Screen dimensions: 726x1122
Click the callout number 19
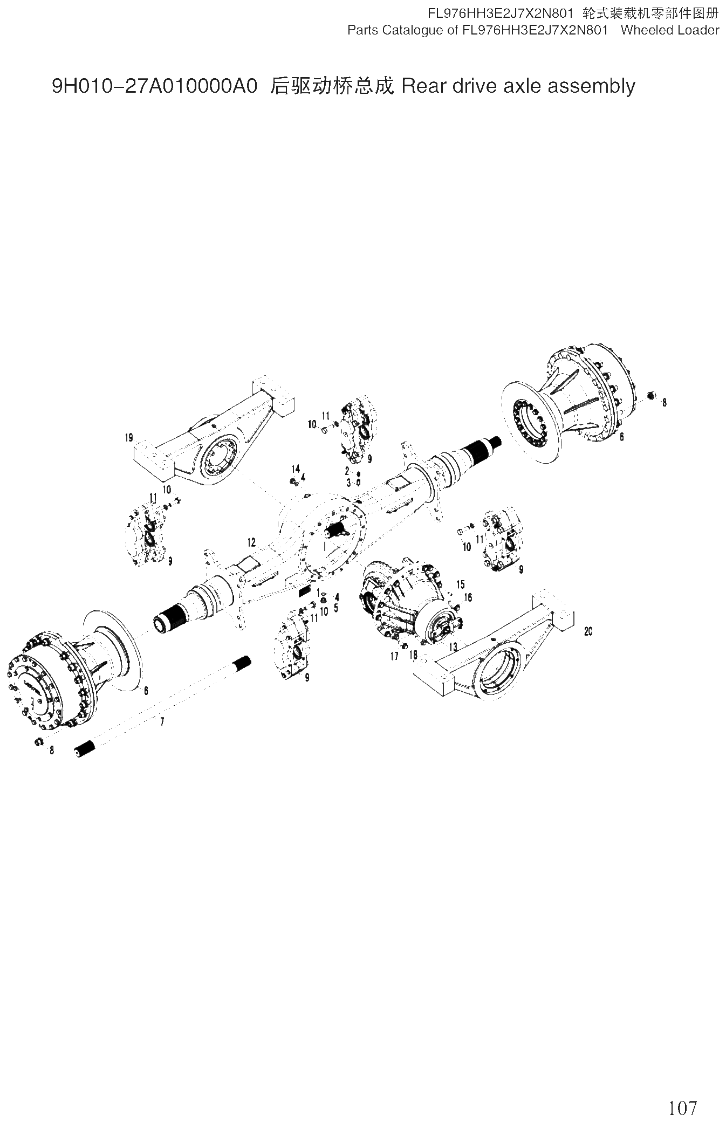129,438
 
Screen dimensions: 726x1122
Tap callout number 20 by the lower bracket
588,631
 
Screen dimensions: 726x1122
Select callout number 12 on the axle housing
251,542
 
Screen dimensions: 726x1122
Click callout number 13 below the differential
453,646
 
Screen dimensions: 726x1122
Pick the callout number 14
296,469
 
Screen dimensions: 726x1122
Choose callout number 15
460,585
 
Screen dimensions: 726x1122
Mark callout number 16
468,597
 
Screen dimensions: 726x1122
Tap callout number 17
394,656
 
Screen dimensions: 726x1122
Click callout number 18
413,655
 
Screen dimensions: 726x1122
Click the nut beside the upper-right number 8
650,396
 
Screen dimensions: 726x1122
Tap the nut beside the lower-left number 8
39,742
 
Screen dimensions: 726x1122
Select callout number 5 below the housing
336,608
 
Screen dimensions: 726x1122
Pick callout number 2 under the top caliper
347,471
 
